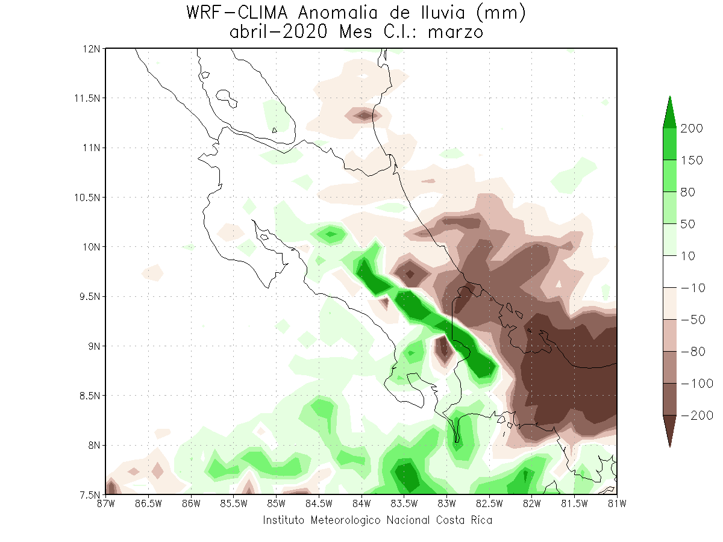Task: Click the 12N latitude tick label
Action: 91,49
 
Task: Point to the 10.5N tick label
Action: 87,198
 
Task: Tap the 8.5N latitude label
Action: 89,396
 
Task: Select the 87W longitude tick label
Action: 105,504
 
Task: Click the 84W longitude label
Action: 361,504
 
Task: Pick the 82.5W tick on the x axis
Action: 489,504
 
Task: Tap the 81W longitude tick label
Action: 617,504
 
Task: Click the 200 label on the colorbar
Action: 692,128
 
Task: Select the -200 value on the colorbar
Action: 697,416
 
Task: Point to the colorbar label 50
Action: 688,224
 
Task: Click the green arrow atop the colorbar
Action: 669,113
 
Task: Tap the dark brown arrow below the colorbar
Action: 669,431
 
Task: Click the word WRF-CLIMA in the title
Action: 237,13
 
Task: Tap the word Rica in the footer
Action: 481,520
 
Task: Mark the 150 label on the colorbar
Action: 692,160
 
